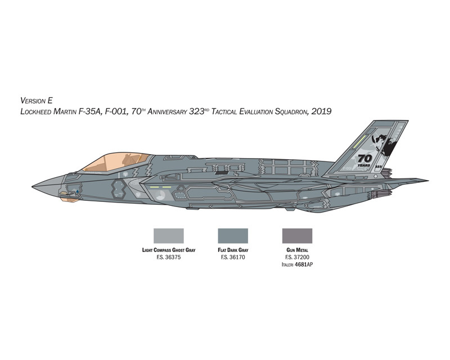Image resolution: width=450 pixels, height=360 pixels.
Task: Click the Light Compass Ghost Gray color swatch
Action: click(168, 236)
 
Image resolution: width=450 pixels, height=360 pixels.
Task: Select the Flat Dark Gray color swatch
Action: click(233, 236)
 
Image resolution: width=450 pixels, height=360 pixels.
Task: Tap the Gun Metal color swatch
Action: click(297, 236)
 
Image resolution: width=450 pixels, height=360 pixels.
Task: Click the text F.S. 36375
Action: click(168, 257)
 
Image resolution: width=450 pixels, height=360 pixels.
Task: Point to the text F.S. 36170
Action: click(233, 257)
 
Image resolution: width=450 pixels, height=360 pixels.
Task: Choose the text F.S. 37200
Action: click(298, 257)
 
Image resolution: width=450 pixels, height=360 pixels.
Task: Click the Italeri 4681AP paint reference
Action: click(297, 264)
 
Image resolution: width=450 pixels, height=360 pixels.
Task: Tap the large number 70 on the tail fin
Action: click(364, 159)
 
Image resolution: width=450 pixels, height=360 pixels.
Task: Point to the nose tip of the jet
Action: click(33, 187)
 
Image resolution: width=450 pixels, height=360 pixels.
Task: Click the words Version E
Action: click(37, 101)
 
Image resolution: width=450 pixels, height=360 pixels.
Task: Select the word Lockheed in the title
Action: click(35, 111)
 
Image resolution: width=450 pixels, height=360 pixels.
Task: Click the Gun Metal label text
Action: click(297, 250)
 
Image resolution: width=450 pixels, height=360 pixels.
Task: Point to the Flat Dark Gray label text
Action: click(233, 250)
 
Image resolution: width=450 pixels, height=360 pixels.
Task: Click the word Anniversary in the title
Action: click(167, 111)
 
